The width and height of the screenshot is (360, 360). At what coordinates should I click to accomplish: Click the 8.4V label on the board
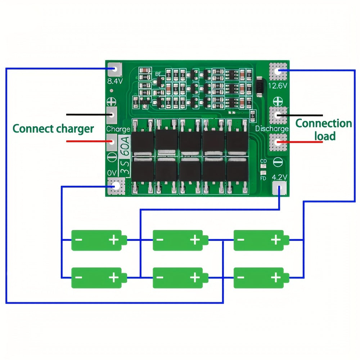point(116,81)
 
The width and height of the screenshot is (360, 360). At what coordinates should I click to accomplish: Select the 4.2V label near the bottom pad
point(279,177)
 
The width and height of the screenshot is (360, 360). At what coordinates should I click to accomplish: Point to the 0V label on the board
point(112,173)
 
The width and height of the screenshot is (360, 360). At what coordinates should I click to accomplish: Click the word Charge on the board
point(118,129)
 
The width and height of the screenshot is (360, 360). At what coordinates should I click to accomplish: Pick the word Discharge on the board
point(272,129)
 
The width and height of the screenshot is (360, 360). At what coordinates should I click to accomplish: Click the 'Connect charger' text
point(53,129)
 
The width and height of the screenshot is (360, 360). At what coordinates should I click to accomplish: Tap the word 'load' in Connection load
point(325,136)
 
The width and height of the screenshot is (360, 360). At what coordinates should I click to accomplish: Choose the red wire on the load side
point(302,142)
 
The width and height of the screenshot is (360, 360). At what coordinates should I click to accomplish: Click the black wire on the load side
point(302,115)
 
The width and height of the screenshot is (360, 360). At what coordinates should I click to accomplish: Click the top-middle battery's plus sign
point(195,239)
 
